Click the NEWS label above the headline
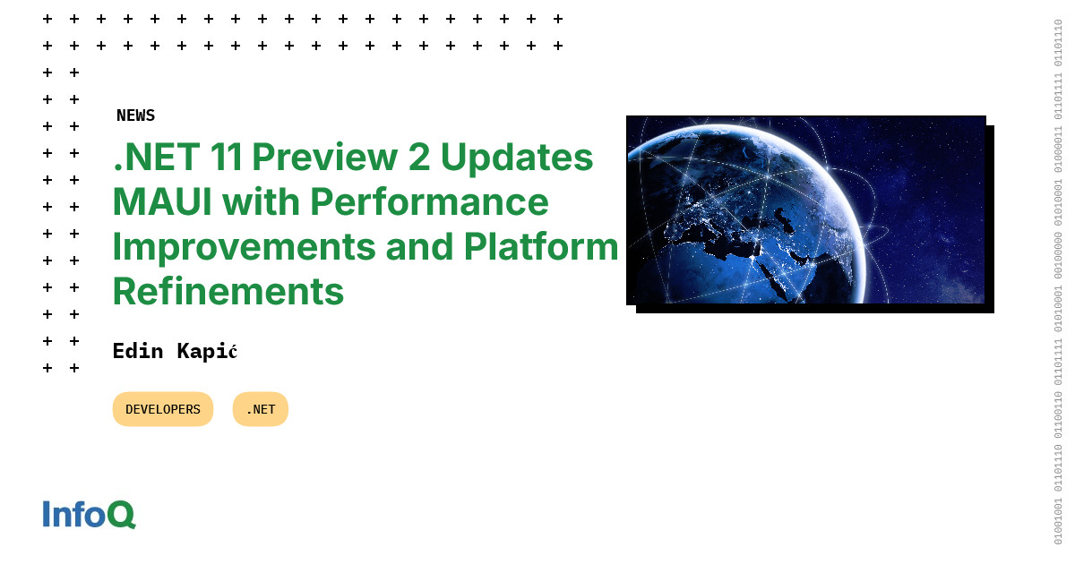[x=135, y=115]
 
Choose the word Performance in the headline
[x=429, y=202]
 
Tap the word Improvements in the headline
[x=243, y=247]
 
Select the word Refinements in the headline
[x=228, y=292]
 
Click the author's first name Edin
[x=138, y=351]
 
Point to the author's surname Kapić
[x=206, y=351]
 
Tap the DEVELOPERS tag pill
[x=163, y=409]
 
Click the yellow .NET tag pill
[x=261, y=409]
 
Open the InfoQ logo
[x=89, y=515]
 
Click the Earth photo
[x=805, y=209]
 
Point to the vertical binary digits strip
[x=1058, y=282]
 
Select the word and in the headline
[x=417, y=247]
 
